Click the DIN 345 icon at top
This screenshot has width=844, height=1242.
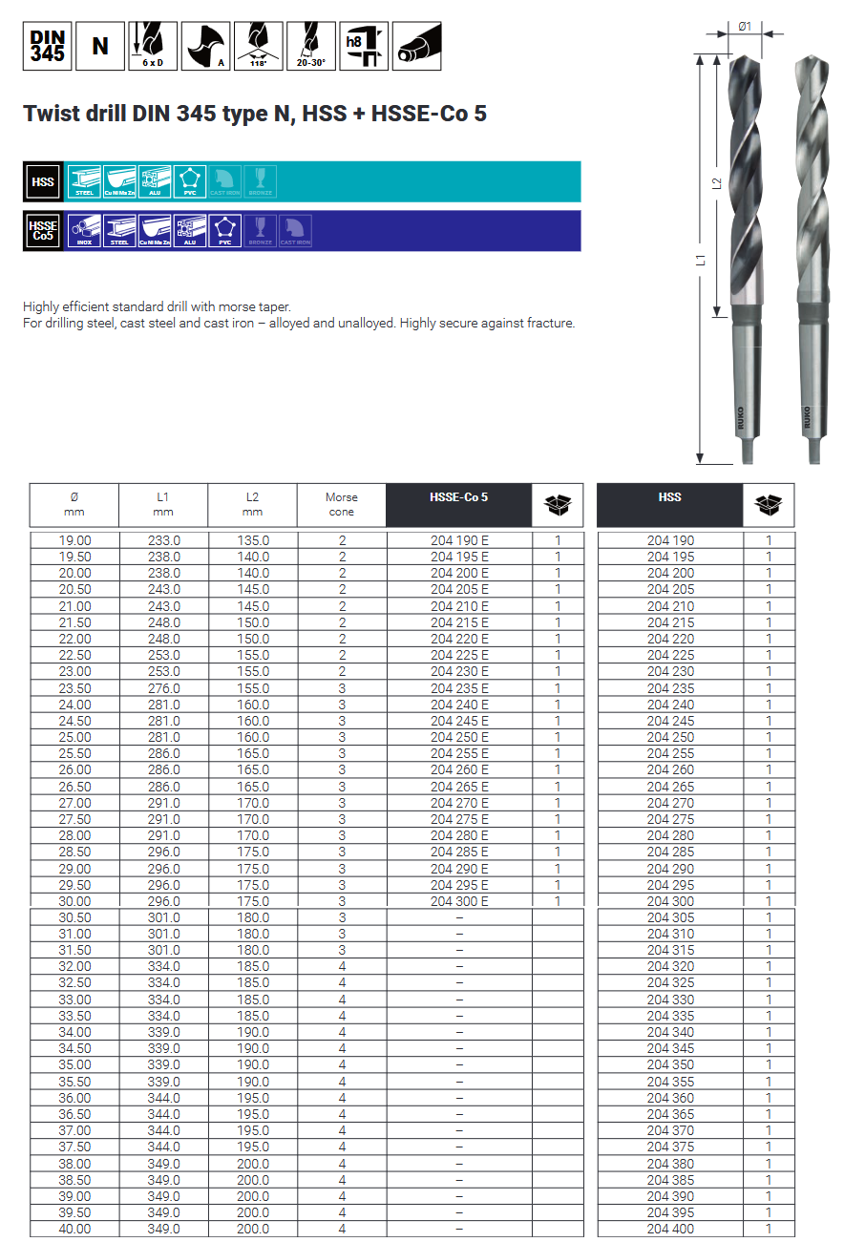48,46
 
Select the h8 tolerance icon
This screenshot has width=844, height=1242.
364,46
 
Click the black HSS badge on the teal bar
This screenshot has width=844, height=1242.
43,181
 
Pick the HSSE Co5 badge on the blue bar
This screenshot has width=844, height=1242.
43,231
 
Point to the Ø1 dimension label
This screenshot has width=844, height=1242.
745,27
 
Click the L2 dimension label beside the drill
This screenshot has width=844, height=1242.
717,183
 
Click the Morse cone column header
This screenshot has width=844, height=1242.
342,504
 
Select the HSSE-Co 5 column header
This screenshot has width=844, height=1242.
459,497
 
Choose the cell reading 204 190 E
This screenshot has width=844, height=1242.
459,540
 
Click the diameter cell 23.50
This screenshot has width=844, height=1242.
74,688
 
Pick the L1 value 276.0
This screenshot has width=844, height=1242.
163,688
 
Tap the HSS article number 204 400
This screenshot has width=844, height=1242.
670,1229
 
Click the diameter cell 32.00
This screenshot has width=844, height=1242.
74,966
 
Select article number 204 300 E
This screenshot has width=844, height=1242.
459,901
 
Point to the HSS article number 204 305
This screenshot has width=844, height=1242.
670,917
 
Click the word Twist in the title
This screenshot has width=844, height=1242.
50,115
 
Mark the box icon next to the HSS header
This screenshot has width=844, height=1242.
769,505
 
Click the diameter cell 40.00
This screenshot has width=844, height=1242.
74,1229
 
